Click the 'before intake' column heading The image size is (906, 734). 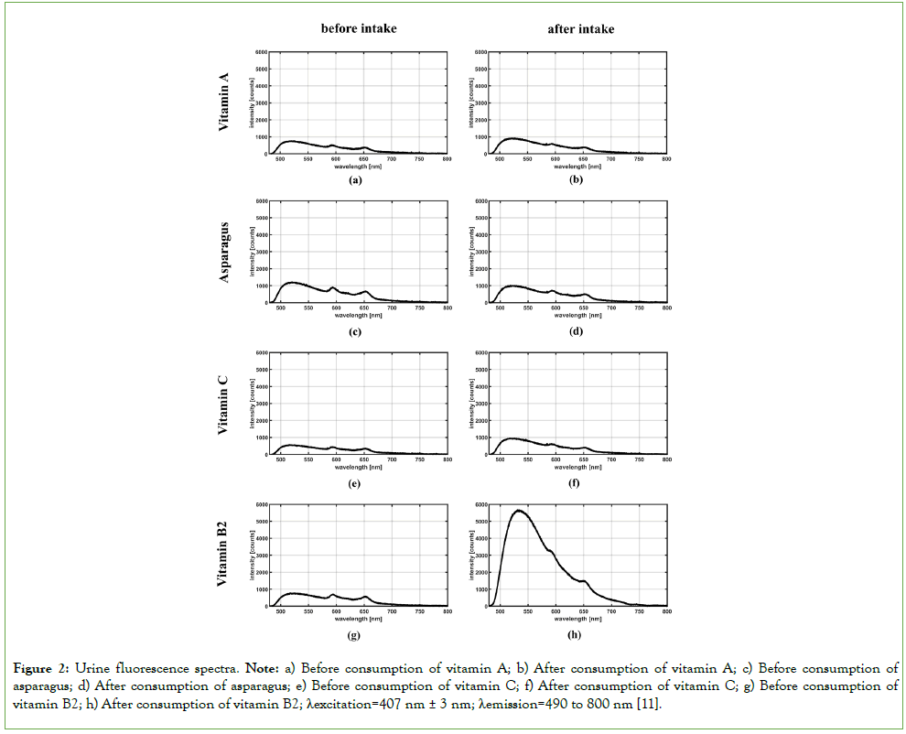coord(358,29)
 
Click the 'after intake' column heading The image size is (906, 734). coord(581,29)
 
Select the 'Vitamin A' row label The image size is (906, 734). coord(224,103)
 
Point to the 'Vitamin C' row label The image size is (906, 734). coord(224,404)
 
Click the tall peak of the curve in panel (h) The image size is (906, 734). coord(519,511)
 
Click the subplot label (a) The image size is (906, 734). coord(356,180)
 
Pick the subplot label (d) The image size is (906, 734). coord(576,331)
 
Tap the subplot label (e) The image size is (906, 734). coord(356,483)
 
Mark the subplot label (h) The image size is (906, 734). coord(576,634)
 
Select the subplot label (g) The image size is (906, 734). coord(356,634)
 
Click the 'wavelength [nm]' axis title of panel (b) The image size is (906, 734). coord(576,166)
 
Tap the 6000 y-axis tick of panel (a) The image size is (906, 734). coord(261,52)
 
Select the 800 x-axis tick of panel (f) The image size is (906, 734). coord(666,460)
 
